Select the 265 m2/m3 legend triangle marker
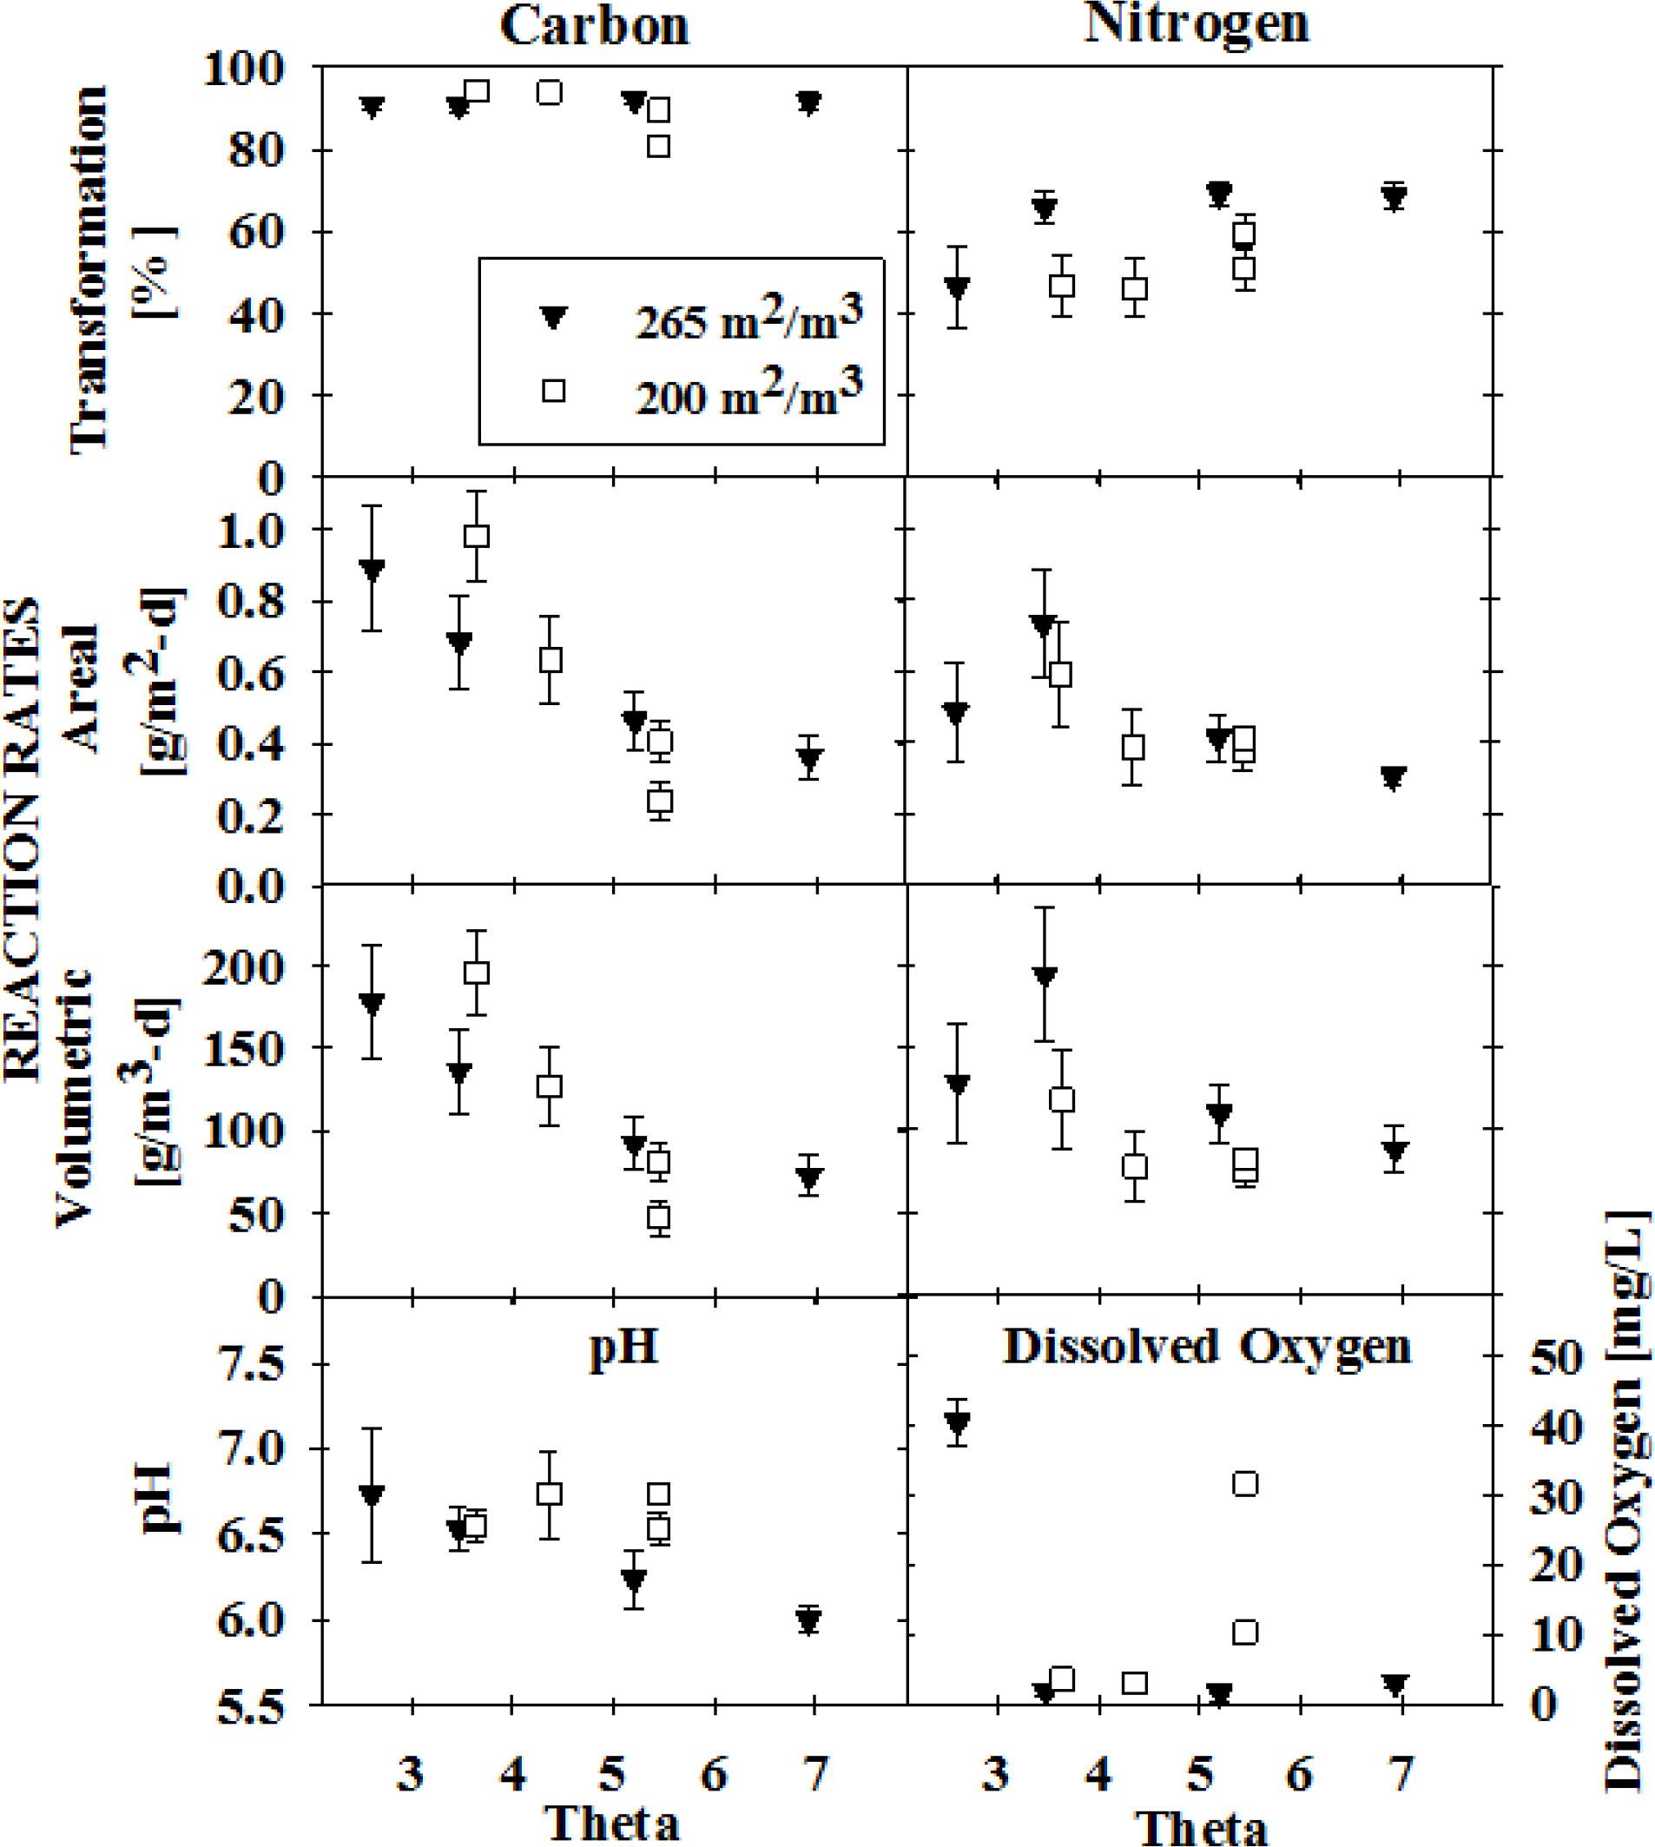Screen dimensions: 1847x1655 tap(553, 316)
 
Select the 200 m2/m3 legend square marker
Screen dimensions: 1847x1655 tap(553, 391)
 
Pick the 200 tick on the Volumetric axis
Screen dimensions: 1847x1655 tap(262, 966)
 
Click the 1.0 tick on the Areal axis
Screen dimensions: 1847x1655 tap(262, 530)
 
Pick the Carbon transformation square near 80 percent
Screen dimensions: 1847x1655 tap(659, 146)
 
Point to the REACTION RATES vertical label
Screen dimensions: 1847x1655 tap(23, 836)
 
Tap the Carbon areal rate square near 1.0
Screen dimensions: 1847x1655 tap(477, 536)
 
